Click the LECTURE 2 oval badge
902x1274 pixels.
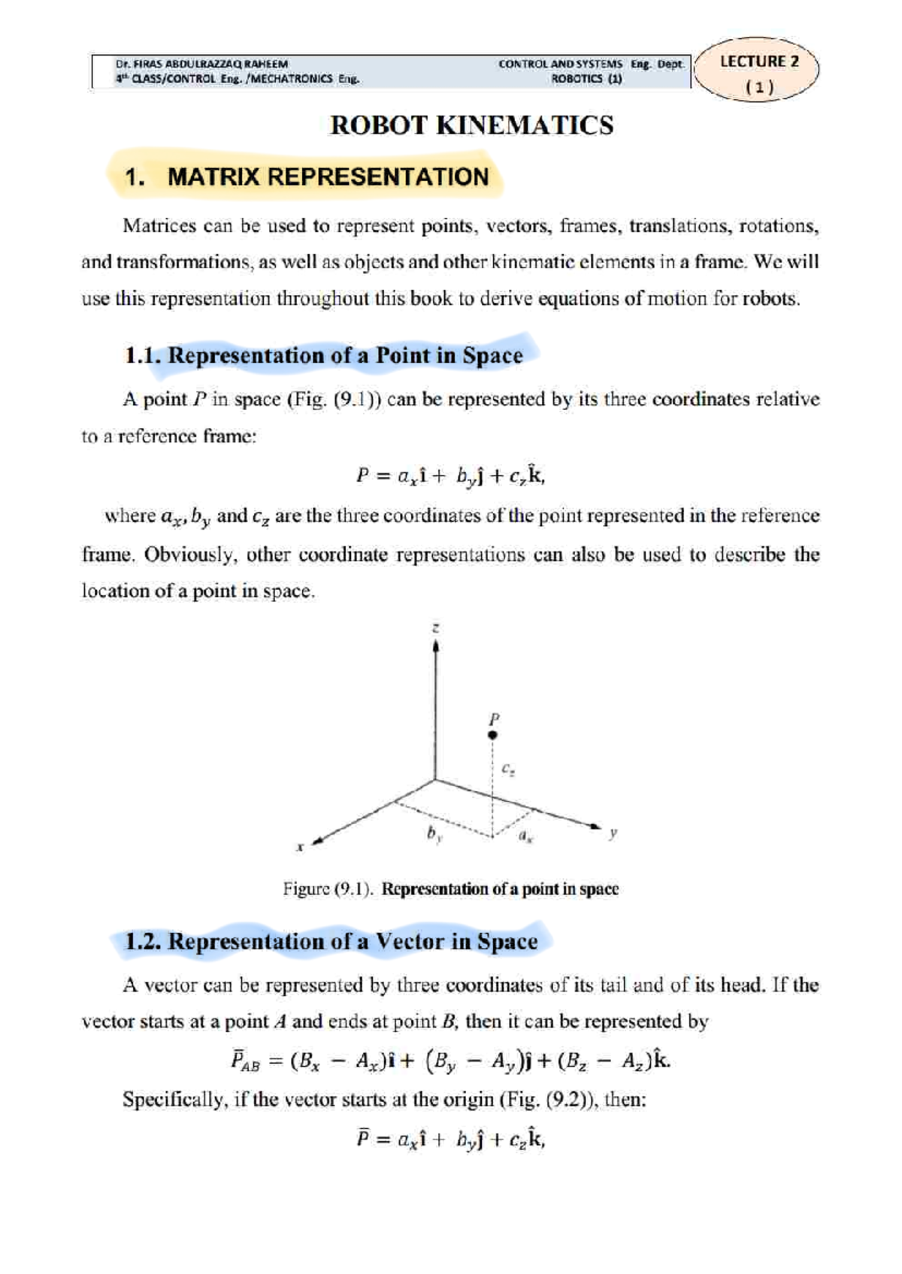pyautogui.click(x=758, y=69)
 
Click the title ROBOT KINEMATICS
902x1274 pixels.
pyautogui.click(x=471, y=125)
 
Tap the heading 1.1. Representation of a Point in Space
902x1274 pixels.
pyautogui.click(x=324, y=355)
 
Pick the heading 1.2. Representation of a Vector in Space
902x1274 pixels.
pyautogui.click(x=331, y=941)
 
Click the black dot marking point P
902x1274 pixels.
pyautogui.click(x=492, y=735)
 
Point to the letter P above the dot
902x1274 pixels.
pyautogui.click(x=494, y=717)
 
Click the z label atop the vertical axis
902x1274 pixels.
pyautogui.click(x=436, y=627)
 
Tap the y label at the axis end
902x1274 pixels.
pyautogui.click(x=613, y=832)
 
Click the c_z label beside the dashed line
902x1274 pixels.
pyautogui.click(x=508, y=769)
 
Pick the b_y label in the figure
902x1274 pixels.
pyautogui.click(x=434, y=834)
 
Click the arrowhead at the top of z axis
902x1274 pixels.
pyautogui.click(x=436, y=646)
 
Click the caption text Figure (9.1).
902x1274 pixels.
pyautogui.click(x=328, y=889)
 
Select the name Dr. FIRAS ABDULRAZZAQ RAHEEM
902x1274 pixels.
pyautogui.click(x=201, y=64)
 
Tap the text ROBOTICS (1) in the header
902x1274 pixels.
pyautogui.click(x=586, y=79)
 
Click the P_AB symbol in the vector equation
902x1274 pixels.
pyautogui.click(x=245, y=1061)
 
